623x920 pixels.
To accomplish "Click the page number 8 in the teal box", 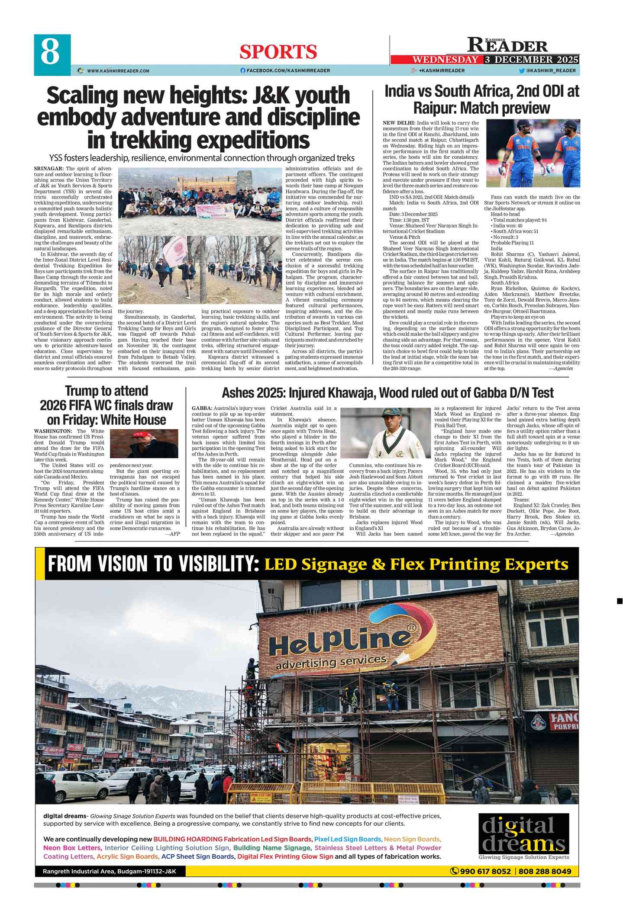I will [50, 53].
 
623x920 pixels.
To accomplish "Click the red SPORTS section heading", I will [278, 52].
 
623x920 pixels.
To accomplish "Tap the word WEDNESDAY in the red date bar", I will [445, 60].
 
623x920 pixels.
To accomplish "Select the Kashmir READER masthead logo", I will [507, 45].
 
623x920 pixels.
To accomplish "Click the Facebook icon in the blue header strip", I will [243, 71].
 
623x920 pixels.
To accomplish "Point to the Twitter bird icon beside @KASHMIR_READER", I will [522, 71].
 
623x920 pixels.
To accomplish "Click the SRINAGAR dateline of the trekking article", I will [49, 169].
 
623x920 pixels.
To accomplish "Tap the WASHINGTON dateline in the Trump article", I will [53, 431].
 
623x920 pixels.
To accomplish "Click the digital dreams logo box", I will [523, 834].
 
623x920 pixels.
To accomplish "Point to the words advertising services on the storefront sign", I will [331, 662].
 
